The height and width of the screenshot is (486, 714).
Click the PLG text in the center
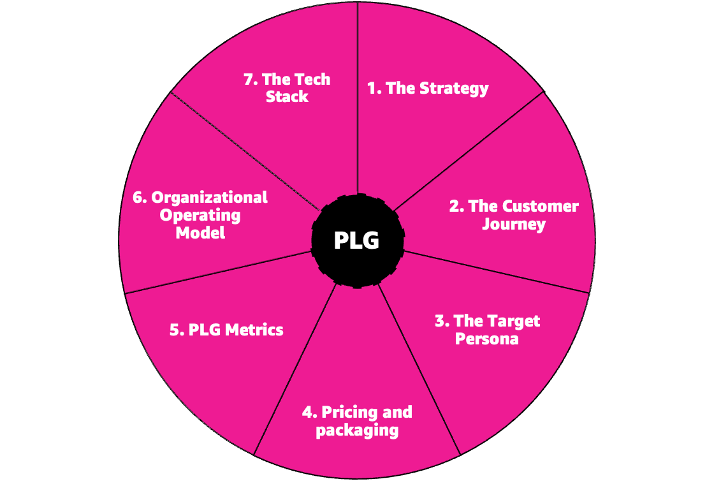pos(356,241)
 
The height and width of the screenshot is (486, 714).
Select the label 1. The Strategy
pos(428,88)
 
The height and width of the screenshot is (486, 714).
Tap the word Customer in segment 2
pos(541,207)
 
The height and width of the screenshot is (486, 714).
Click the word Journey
pos(514,225)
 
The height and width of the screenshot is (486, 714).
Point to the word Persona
pos(486,339)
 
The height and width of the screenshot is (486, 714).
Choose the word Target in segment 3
pos(514,321)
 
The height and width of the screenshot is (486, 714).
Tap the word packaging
pos(357,431)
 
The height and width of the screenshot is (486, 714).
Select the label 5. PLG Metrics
pos(226,330)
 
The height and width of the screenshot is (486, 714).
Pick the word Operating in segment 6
pos(200,215)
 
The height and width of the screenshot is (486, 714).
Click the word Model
pos(200,233)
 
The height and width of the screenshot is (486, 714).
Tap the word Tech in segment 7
pos(312,80)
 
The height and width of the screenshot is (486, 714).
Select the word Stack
pos(287,97)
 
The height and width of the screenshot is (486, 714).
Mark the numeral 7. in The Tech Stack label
pos(250,80)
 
